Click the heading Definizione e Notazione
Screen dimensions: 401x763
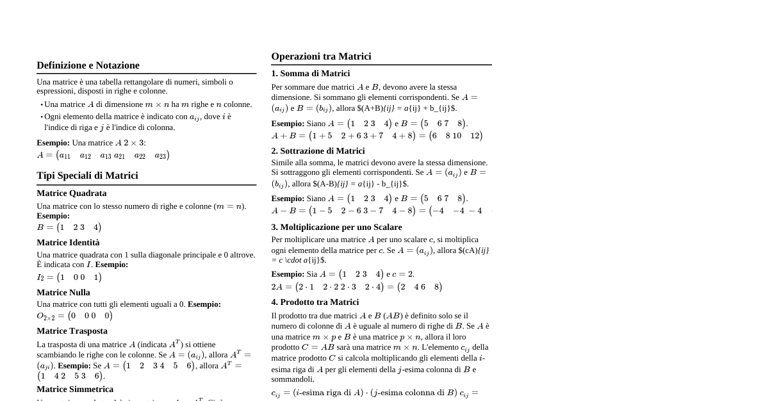[x=88, y=65]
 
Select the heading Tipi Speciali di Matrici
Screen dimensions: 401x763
[x=87, y=176]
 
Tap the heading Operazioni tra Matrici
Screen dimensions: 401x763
[x=321, y=56]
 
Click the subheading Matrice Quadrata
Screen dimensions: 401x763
[x=71, y=193]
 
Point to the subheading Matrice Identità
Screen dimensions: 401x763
[x=68, y=243]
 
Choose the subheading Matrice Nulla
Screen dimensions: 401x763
[x=63, y=293]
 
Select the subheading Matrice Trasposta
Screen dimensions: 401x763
[x=72, y=331]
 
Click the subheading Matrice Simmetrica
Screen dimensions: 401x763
[x=75, y=389]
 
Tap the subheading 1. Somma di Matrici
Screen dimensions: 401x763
[x=310, y=74]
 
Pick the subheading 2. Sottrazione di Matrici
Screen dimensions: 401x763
[x=318, y=151]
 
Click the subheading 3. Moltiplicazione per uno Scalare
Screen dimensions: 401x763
[x=336, y=227]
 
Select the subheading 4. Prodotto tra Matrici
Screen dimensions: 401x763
[x=315, y=302]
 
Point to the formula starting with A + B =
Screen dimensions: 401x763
[x=377, y=136]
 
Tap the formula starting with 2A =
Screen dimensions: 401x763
[x=356, y=287]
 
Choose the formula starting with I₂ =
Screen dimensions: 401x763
[x=69, y=277]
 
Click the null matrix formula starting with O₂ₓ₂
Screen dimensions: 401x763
[x=74, y=316]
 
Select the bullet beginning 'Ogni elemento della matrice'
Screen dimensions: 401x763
[x=137, y=122]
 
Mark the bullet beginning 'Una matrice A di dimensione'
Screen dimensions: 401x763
[x=147, y=104]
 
